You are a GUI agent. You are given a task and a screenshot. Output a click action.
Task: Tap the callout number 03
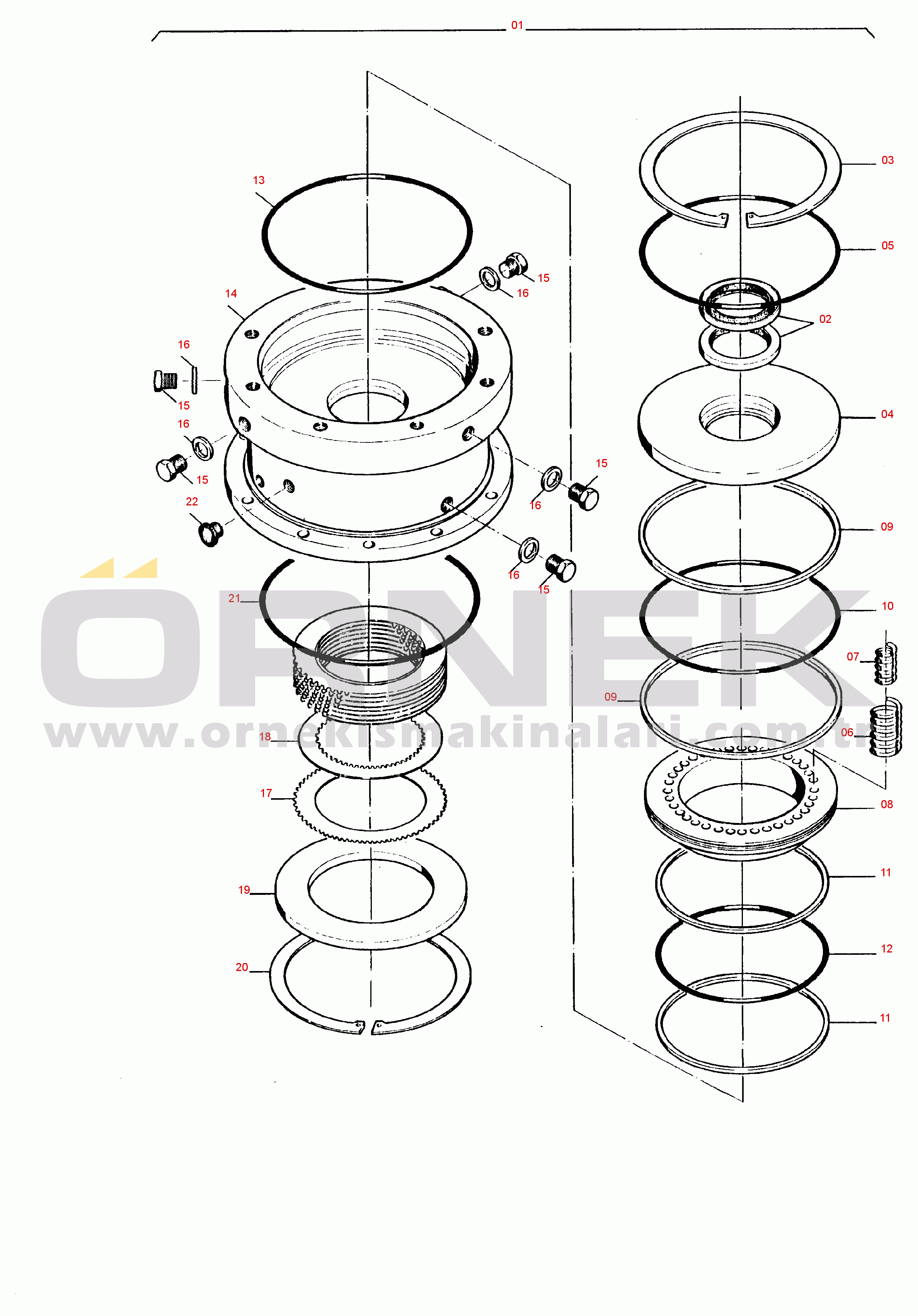[887, 160]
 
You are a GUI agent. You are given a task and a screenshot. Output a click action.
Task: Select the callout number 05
[887, 245]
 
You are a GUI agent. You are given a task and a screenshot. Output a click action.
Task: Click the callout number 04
[887, 414]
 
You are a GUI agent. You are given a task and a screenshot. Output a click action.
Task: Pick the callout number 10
[887, 606]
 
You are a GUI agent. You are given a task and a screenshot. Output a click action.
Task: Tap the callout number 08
[886, 804]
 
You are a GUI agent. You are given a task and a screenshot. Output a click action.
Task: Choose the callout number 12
[886, 949]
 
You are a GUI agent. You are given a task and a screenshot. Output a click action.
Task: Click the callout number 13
[259, 180]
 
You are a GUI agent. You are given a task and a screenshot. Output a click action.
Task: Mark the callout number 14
[231, 294]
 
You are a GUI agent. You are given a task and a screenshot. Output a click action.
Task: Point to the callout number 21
[234, 598]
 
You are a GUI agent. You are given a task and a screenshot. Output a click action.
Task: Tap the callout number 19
[244, 889]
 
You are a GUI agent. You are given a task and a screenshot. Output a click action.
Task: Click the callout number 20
[242, 967]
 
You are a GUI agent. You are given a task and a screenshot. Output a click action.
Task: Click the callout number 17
[266, 793]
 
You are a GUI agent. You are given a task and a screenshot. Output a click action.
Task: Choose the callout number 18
[265, 737]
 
